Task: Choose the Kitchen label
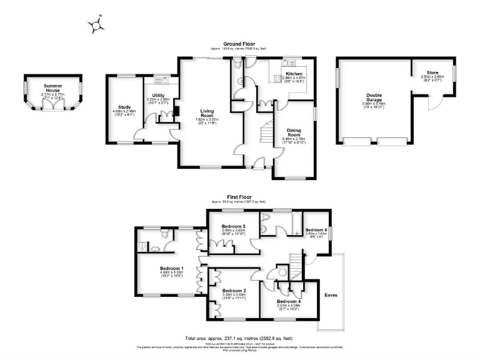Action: coord(294,73)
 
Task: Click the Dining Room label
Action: coord(294,133)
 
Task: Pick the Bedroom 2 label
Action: coord(235,291)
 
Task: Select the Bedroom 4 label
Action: coord(289,301)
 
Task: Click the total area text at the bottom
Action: coord(239,336)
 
